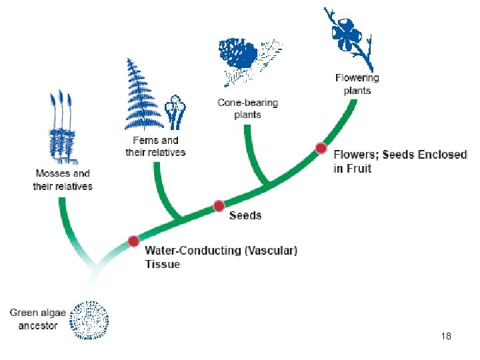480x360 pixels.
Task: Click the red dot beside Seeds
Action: (x=219, y=206)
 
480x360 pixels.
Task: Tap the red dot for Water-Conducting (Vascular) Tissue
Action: (x=133, y=241)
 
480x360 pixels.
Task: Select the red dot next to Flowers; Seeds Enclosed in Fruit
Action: (x=321, y=148)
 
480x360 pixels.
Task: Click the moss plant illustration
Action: (x=63, y=130)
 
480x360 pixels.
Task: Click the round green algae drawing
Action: (x=90, y=319)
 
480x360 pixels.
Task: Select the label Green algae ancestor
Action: (x=33, y=319)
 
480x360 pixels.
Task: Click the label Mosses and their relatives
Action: (x=63, y=180)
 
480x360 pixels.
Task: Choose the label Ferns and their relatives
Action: (x=155, y=146)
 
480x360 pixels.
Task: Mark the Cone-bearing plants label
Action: (x=247, y=109)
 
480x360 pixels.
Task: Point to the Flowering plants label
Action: (x=357, y=84)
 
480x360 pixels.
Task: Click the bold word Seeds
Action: (x=245, y=215)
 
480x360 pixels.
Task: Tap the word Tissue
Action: (x=163, y=264)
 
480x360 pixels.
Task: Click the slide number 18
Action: (x=446, y=337)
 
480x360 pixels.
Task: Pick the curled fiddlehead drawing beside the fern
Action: (x=175, y=112)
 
